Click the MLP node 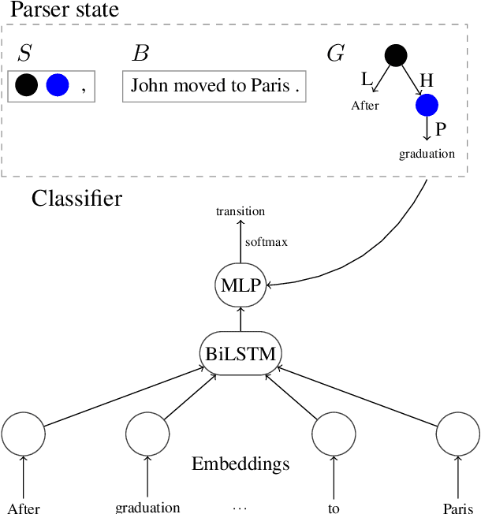(x=240, y=285)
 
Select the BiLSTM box (x=240, y=354)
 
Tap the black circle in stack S (x=26, y=85)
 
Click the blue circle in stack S (x=58, y=85)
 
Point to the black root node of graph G (x=395, y=56)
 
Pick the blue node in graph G (x=427, y=104)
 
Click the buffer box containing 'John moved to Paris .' (x=214, y=85)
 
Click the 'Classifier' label (x=76, y=198)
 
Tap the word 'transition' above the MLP (x=240, y=211)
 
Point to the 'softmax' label (x=266, y=242)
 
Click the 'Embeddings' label (x=240, y=463)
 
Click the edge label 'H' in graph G (x=426, y=79)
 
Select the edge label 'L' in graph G (x=367, y=79)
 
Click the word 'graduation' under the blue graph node (x=427, y=154)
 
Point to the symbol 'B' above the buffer (x=140, y=54)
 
